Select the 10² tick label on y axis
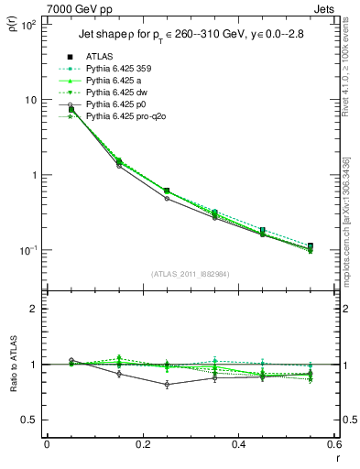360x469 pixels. (28, 25)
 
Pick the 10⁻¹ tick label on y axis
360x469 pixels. (28, 250)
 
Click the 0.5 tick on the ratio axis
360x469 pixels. (30, 420)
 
